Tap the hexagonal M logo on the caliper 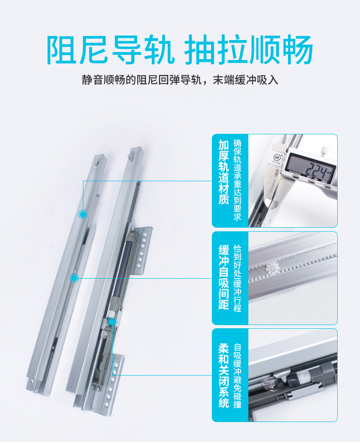276,157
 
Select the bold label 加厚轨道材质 223,172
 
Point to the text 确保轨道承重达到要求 237,180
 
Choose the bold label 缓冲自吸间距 223,277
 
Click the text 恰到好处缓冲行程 237,278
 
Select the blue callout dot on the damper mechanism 112,322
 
